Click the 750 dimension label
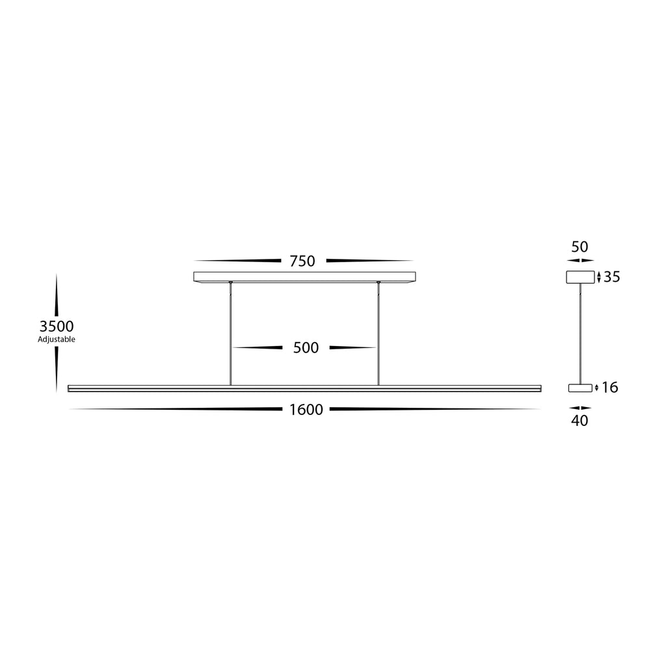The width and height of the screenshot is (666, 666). [x=302, y=261]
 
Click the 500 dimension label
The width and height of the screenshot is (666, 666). [x=306, y=348]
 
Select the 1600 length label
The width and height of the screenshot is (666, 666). [x=306, y=410]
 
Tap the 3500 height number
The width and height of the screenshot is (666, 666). [x=57, y=326]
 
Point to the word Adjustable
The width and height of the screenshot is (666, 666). [x=57, y=340]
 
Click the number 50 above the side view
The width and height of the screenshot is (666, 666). [x=579, y=247]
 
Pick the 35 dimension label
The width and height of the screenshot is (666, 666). [x=612, y=277]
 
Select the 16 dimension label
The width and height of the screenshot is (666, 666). [x=610, y=388]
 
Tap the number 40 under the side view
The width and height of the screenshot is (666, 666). [x=579, y=421]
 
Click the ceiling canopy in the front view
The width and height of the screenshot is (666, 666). [x=305, y=276]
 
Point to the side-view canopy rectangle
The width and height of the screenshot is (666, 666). [x=580, y=277]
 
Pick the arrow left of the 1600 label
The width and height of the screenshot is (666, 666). [x=176, y=410]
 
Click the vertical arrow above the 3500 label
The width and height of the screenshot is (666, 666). [x=57, y=296]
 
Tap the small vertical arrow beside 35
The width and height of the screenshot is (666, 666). [x=598, y=277]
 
